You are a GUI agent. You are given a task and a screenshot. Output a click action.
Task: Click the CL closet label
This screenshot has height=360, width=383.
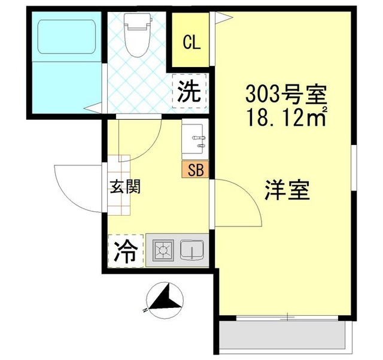point(191,43)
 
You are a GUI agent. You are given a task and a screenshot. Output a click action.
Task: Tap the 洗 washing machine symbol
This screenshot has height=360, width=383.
point(190,91)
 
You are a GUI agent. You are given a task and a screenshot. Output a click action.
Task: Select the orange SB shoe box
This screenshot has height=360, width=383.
point(195,170)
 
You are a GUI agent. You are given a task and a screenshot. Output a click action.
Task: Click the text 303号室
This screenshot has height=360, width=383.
point(286,95)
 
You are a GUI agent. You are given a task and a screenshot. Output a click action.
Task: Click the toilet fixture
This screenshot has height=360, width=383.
point(137,34)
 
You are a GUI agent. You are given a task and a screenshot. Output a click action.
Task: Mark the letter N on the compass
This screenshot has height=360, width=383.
point(145,310)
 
